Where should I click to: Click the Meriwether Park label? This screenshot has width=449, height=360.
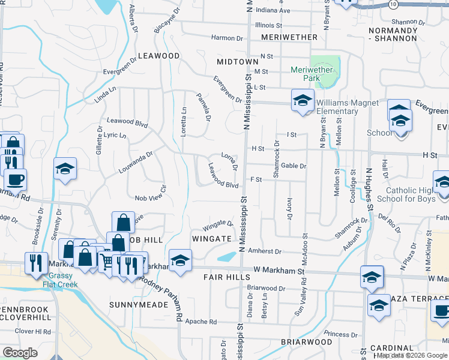tap(312, 74)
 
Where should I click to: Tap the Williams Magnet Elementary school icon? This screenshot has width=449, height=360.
tap(303, 100)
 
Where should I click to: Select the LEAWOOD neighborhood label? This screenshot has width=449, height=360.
tap(158, 56)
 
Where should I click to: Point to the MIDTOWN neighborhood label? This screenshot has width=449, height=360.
tap(237, 62)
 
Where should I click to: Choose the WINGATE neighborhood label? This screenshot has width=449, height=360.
tap(211, 239)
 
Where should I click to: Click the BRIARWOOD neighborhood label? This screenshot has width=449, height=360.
tap(306, 342)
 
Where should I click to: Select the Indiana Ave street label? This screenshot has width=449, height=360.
tap(273, 11)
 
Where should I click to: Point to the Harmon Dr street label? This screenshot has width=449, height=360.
tap(226, 38)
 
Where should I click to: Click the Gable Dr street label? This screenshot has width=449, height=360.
tap(294, 166)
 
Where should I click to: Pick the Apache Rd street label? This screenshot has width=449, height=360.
tap(201, 322)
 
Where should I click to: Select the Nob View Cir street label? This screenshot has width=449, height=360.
tap(150, 197)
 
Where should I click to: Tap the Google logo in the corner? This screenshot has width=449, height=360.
tap(20, 353)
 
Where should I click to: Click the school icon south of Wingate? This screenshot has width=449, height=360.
tap(178, 260)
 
